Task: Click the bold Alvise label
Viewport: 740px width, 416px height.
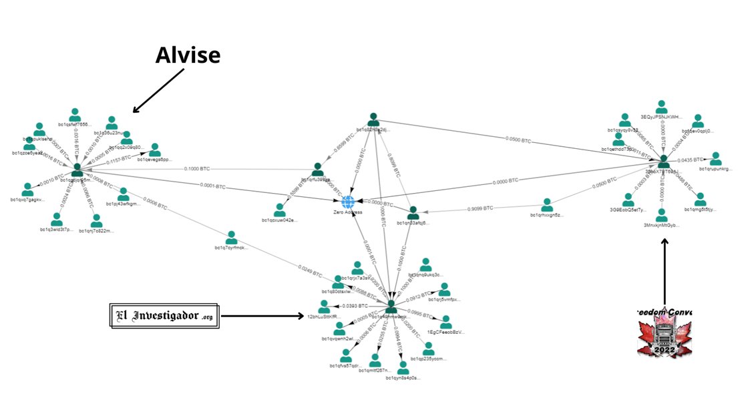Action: (188, 56)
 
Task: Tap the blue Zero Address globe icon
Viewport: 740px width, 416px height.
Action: (348, 201)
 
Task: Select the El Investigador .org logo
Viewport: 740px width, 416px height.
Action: (164, 315)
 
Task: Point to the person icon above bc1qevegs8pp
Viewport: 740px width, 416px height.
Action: (155, 150)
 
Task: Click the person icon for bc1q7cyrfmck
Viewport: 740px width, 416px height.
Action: (232, 238)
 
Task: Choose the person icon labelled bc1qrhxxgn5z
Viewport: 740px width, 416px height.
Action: (547, 204)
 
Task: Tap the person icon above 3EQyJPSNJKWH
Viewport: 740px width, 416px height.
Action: (661, 107)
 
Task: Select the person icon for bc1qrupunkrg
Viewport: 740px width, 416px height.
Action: (715, 158)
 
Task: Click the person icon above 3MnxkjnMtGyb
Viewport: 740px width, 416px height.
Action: (661, 215)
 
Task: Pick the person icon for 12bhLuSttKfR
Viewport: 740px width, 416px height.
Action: (324, 306)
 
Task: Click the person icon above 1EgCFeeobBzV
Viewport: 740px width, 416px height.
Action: (445, 322)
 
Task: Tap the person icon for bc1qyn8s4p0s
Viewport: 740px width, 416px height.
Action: (403, 367)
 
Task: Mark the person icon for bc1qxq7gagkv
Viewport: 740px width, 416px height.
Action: (27, 189)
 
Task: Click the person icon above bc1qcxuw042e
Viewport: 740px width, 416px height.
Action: (280, 210)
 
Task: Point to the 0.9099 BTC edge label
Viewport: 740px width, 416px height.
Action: (480, 208)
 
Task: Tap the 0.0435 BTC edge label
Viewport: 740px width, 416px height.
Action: (690, 160)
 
